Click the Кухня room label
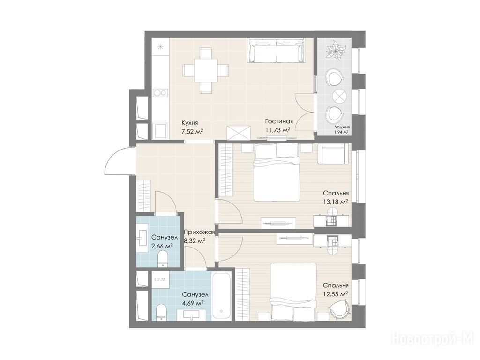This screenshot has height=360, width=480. (x=189, y=123)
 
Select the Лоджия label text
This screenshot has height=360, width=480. (x=342, y=127)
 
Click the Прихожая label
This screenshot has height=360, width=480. (x=199, y=233)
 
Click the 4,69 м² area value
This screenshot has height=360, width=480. (x=193, y=303)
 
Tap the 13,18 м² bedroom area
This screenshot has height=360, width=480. (x=335, y=202)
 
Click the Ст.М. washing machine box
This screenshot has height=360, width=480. (x=160, y=279)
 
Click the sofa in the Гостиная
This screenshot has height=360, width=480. (x=277, y=51)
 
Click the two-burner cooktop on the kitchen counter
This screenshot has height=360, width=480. (x=160, y=92)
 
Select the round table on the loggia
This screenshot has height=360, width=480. (x=339, y=96)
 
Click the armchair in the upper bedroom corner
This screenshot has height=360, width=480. (x=333, y=154)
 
